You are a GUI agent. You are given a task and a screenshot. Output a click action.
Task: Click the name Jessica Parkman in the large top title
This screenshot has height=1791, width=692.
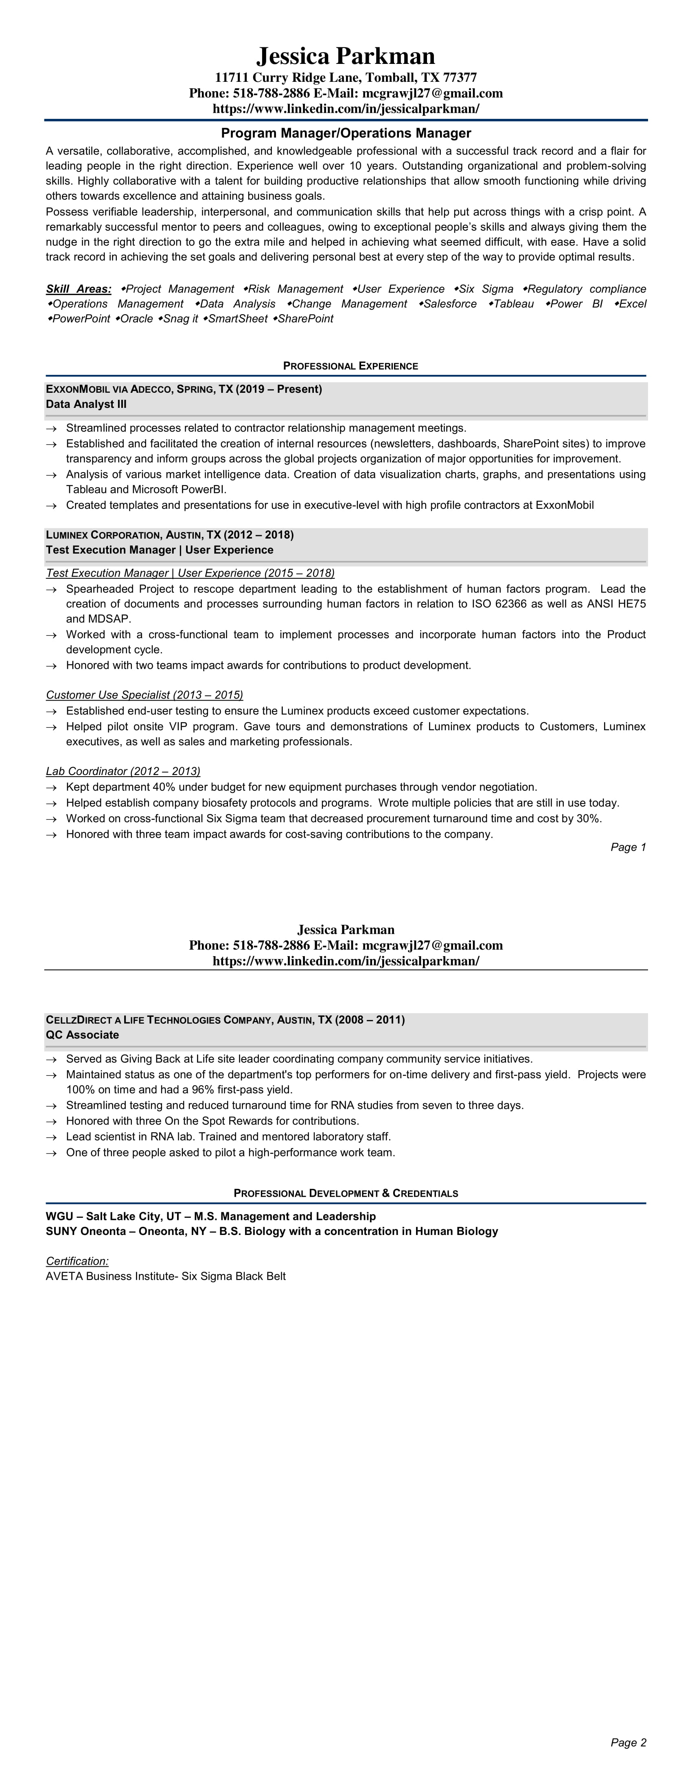346,56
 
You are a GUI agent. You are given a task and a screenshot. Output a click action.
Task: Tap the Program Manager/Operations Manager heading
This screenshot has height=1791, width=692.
346,133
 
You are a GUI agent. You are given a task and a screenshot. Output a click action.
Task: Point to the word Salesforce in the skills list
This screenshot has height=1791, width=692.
450,304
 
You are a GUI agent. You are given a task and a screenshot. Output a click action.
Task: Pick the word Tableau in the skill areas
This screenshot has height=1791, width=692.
514,304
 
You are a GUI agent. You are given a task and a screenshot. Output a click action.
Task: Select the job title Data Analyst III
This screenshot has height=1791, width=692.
86,404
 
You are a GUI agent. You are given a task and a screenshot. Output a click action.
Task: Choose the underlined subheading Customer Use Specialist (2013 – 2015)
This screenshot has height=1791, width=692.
145,694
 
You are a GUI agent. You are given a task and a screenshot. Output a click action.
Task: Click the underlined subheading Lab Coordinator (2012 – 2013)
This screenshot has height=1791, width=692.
123,771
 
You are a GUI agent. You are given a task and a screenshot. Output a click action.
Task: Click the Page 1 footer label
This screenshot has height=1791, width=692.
628,847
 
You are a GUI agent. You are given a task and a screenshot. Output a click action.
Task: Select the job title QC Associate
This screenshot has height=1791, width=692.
82,1035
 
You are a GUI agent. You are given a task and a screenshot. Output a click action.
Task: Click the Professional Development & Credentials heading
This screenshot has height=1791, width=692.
346,1193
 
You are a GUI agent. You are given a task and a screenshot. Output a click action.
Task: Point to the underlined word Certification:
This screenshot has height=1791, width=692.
77,1261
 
